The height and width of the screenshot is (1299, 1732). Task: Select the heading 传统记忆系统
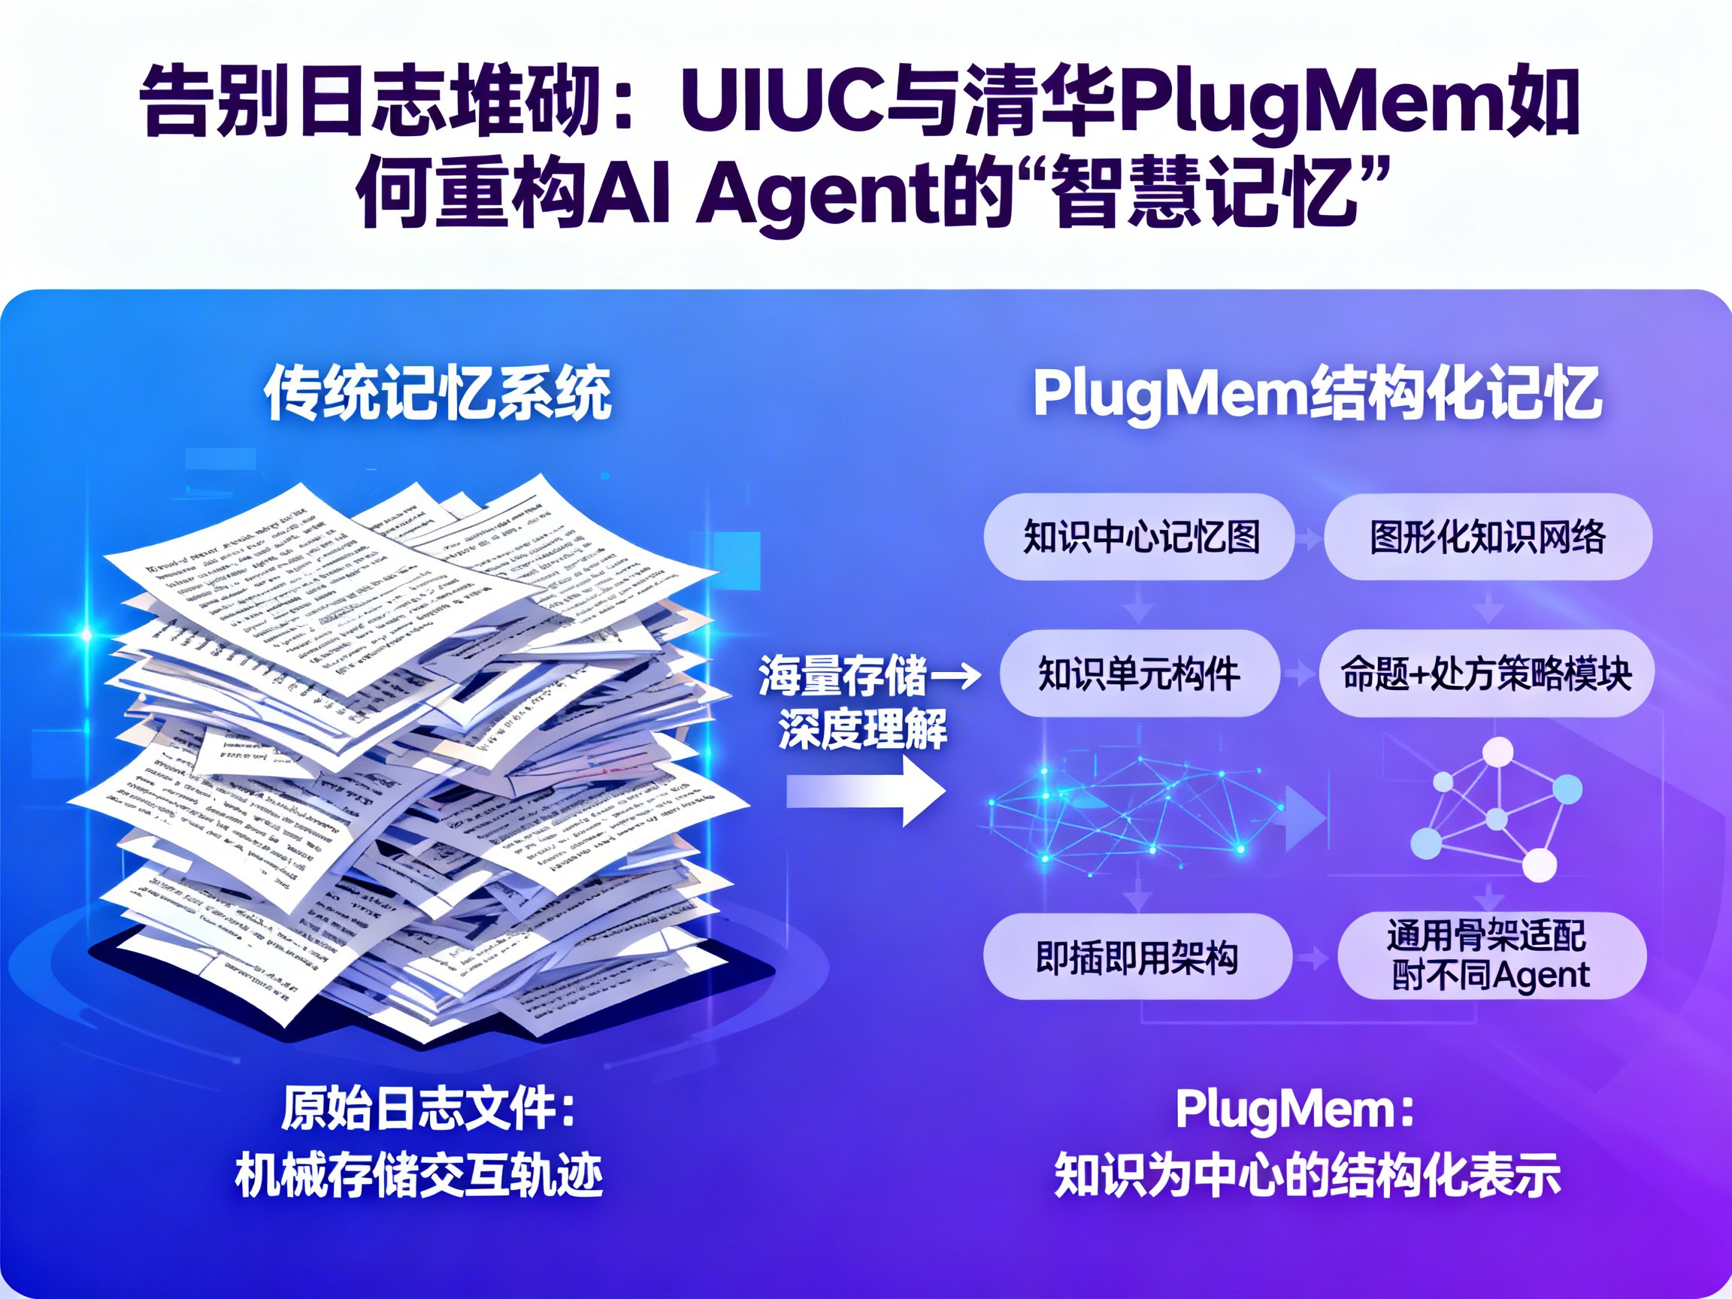(438, 393)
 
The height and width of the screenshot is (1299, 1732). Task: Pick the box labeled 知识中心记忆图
(1140, 537)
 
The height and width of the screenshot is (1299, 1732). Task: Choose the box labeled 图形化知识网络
(1487, 537)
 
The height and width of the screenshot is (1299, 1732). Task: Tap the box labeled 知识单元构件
(1140, 674)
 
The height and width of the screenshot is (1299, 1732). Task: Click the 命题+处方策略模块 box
(1486, 674)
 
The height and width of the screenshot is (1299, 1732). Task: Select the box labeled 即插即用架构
(1137, 957)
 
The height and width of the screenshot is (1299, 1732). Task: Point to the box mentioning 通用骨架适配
(1491, 955)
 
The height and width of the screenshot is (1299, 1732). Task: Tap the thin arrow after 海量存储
(955, 675)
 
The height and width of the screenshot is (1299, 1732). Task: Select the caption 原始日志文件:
(428, 1110)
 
